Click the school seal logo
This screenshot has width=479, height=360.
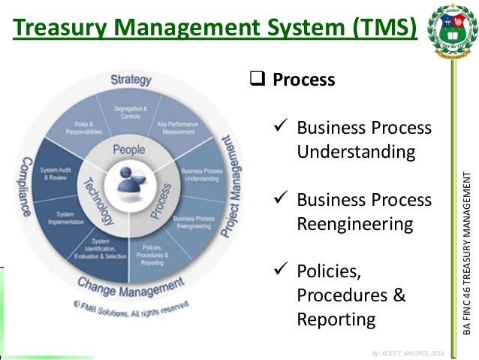pyautogui.click(x=451, y=31)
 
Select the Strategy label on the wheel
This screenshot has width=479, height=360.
pyautogui.click(x=131, y=79)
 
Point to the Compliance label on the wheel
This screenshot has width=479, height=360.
pyautogui.click(x=25, y=187)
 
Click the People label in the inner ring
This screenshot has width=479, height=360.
pyautogui.click(x=128, y=150)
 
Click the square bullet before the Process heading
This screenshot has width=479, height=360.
pyautogui.click(x=254, y=79)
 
